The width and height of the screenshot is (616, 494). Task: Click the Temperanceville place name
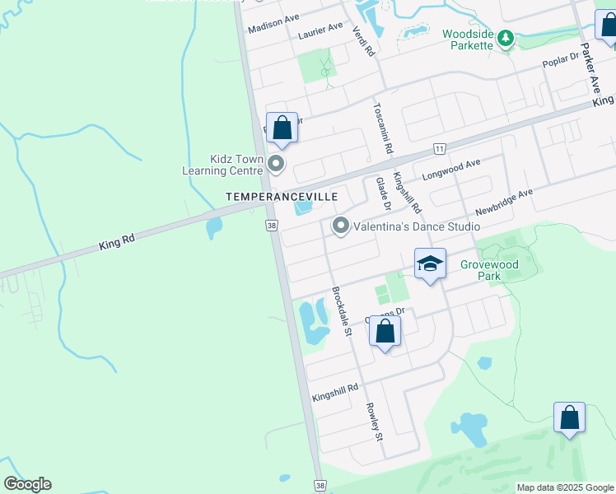tap(270, 198)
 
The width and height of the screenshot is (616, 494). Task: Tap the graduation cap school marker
tap(430, 264)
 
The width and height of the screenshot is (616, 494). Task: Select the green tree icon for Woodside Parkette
tap(506, 38)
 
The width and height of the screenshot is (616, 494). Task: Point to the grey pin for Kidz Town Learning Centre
tap(277, 165)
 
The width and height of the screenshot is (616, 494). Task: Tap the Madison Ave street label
tap(273, 21)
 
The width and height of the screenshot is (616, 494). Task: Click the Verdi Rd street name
tap(363, 40)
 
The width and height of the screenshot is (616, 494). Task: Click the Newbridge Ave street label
tap(504, 200)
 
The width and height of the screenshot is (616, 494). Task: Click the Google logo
tap(27, 484)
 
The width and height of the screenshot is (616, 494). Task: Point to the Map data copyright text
tap(565, 487)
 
